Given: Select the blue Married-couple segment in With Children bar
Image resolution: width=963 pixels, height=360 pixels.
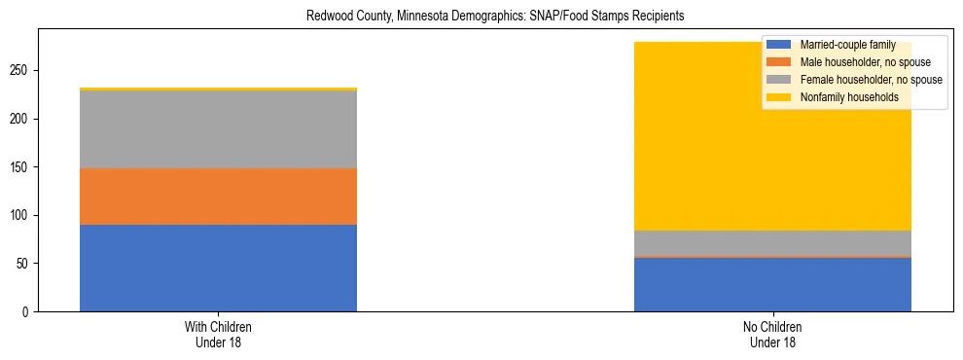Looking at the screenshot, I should pos(218,268).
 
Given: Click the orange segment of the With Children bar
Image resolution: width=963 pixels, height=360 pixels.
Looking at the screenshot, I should pos(218,197).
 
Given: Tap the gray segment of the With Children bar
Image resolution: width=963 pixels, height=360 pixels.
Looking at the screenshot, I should pos(218,129).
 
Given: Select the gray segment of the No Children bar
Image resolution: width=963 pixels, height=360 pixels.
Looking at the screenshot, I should pos(772,243).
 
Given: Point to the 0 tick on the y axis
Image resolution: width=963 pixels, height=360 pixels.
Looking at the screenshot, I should pos(28,311).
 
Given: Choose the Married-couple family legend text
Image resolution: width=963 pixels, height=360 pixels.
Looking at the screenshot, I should pos(841,45).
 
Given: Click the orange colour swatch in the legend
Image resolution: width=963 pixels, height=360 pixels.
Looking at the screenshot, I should pos(779,62).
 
